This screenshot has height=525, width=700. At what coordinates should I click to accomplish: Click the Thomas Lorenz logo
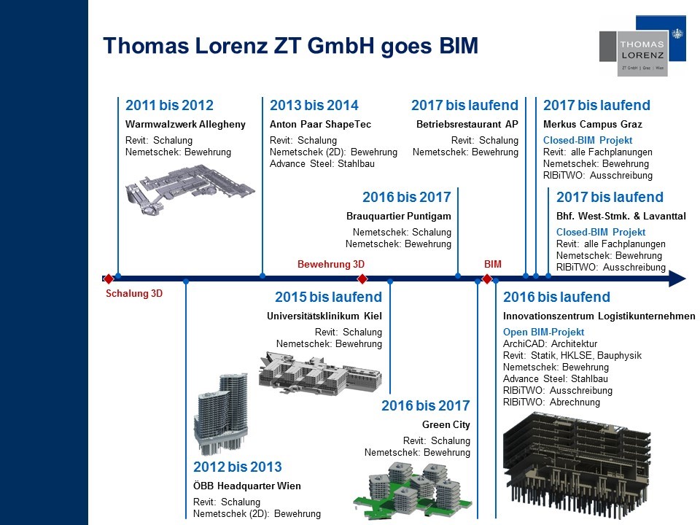(x=642, y=46)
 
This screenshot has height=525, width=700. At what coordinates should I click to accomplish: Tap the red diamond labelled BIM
(x=487, y=279)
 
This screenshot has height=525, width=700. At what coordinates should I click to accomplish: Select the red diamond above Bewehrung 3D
(x=362, y=279)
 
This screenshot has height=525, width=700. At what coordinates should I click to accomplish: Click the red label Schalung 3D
(x=134, y=293)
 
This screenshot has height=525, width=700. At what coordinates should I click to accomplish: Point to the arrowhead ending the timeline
(x=677, y=279)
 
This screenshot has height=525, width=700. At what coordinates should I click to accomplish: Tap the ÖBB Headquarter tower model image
(x=221, y=413)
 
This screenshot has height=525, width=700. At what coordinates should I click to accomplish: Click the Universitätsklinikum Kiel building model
(x=320, y=373)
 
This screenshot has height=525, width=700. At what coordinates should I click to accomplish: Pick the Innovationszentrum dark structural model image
(x=577, y=467)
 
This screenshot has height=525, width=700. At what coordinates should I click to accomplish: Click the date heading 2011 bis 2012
(x=169, y=105)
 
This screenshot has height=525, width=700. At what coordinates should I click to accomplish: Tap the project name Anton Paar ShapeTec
(x=320, y=124)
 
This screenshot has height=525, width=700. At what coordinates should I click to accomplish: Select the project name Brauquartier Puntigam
(x=399, y=216)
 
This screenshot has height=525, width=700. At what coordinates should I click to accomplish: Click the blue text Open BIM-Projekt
(x=543, y=332)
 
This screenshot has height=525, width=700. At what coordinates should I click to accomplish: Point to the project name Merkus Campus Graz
(x=592, y=124)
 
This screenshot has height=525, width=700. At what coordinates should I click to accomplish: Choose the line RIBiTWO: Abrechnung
(x=551, y=402)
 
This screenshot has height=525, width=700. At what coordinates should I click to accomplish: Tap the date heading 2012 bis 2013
(x=238, y=467)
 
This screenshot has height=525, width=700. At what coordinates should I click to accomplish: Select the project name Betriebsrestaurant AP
(x=467, y=124)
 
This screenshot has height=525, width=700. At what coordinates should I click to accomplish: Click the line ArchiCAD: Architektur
(x=550, y=343)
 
